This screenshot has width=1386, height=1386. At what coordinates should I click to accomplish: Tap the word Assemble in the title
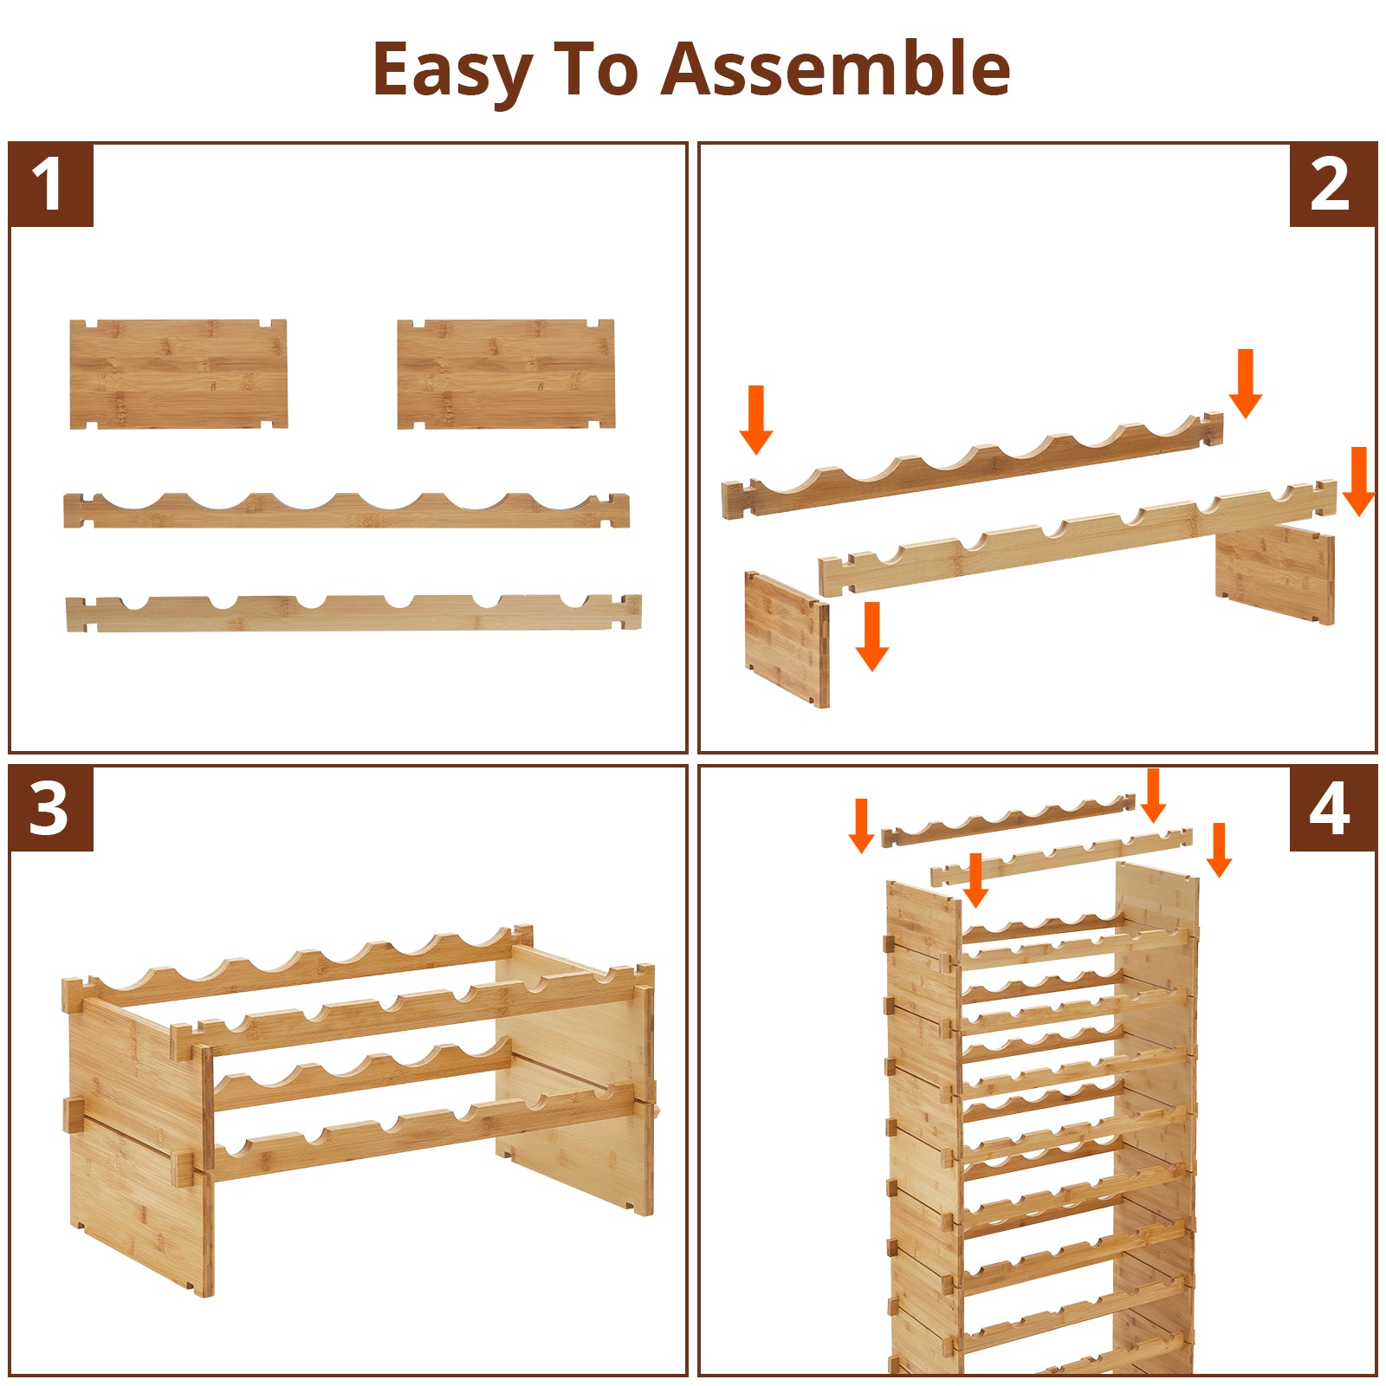pyautogui.click(x=836, y=68)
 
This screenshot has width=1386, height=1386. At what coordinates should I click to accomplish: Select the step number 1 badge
pyautogui.click(x=51, y=185)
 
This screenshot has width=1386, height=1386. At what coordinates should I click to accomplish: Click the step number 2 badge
pyautogui.click(x=1332, y=185)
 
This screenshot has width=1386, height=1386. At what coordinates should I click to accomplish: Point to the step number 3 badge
pyautogui.click(x=51, y=808)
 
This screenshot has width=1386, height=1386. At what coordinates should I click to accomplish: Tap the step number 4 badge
pyautogui.click(x=1332, y=808)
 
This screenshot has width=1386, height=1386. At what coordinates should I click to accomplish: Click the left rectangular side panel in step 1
pyautogui.click(x=178, y=374)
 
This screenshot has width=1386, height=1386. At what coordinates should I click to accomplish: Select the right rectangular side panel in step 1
pyautogui.click(x=506, y=374)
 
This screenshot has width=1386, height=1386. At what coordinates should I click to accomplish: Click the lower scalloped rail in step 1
pyautogui.click(x=353, y=613)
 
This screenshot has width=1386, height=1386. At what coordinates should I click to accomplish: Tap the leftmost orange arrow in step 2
pyautogui.click(x=756, y=420)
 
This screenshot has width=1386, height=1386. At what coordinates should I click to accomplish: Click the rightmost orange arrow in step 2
pyautogui.click(x=1358, y=482)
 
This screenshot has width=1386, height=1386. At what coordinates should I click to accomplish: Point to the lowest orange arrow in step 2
pyautogui.click(x=872, y=637)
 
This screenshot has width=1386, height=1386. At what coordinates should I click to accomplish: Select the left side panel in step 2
pyautogui.click(x=787, y=639)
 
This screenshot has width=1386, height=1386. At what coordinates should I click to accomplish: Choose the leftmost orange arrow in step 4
pyautogui.click(x=861, y=826)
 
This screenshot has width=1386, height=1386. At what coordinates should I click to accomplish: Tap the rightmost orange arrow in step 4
pyautogui.click(x=1220, y=850)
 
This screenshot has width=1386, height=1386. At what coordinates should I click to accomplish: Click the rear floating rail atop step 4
pyautogui.click(x=1008, y=820)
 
